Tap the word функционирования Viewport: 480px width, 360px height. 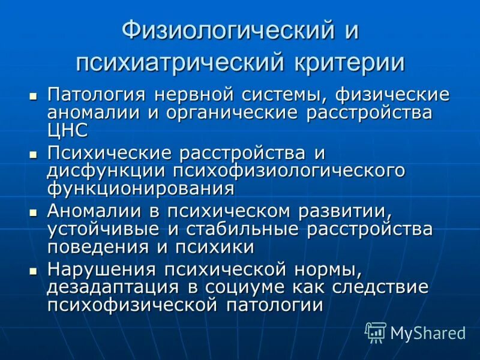(x=140, y=188)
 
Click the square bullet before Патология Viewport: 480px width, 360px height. (x=34, y=95)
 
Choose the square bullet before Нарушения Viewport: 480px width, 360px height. (x=34, y=271)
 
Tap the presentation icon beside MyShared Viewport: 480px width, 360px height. (x=376, y=332)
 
